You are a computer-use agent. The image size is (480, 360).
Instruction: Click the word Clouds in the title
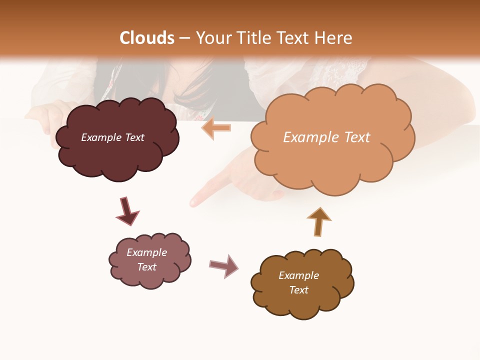[147, 38]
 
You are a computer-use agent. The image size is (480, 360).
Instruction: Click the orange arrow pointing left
[216, 128]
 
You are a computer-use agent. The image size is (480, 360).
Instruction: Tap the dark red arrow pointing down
[127, 211]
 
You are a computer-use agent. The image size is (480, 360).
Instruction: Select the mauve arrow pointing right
[223, 265]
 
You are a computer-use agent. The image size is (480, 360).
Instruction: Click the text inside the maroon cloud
[112, 137]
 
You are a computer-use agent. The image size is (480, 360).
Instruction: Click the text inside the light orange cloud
[326, 137]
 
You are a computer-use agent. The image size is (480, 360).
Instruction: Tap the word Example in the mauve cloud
[146, 252]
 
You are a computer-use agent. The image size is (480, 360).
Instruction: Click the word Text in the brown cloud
[298, 290]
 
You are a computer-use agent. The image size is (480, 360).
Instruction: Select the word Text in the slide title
[292, 38]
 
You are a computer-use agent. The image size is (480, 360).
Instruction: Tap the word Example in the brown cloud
[298, 275]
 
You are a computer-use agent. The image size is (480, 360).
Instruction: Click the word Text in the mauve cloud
[146, 267]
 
